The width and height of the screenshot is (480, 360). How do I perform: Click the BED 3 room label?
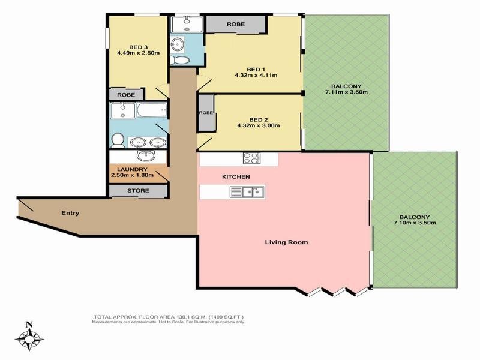(139, 47)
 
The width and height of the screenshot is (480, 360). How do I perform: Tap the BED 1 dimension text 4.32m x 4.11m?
(256, 75)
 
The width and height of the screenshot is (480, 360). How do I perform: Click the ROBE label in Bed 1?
(236, 24)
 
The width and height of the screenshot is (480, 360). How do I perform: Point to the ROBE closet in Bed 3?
(126, 95)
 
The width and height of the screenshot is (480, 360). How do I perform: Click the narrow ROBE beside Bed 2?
(206, 113)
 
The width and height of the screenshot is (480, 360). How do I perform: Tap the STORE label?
(138, 191)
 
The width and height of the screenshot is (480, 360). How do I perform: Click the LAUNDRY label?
(132, 169)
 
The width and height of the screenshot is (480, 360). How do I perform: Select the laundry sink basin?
(146, 155)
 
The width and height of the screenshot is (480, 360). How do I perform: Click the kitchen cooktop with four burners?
(251, 158)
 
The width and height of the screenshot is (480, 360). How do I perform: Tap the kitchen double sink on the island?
(247, 192)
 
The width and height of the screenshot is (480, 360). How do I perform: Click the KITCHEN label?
(236, 177)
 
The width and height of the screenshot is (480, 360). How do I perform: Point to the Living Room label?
(286, 242)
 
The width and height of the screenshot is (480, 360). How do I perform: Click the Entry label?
(70, 213)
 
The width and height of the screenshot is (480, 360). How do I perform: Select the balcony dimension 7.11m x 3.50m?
(346, 92)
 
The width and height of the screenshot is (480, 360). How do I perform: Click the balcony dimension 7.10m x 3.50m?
(415, 223)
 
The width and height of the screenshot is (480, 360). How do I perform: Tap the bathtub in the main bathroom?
(152, 110)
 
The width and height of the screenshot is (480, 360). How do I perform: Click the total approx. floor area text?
(169, 317)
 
